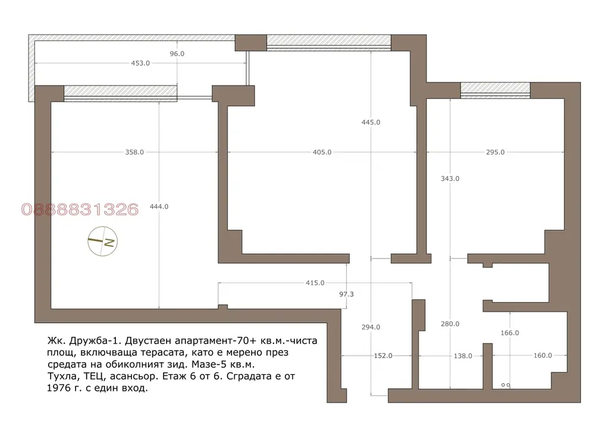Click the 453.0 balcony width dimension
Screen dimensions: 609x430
click(140, 63)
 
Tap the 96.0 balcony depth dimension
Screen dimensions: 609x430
click(177, 54)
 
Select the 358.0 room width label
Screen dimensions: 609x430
click(134, 153)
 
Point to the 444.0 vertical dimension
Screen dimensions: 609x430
click(159, 207)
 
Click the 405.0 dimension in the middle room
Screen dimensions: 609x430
click(322, 153)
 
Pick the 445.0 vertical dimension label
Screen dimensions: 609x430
click(371, 122)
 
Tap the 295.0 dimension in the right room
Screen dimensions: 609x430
click(495, 153)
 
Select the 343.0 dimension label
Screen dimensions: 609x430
click(450, 179)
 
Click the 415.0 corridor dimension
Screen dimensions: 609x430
click(315, 283)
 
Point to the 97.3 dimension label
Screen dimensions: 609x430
click(347, 295)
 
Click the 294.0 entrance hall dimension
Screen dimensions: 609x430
click(371, 327)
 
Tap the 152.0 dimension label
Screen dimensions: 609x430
click(384, 356)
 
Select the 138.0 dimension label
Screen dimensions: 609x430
click(463, 356)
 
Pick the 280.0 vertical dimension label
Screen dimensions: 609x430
click(450, 324)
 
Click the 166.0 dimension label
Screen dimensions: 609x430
click(510, 333)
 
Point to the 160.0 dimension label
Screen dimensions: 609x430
click(542, 356)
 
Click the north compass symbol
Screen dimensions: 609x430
click(102, 241)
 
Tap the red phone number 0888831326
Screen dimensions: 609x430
click(80, 210)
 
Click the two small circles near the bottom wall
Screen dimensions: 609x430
click(506, 385)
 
